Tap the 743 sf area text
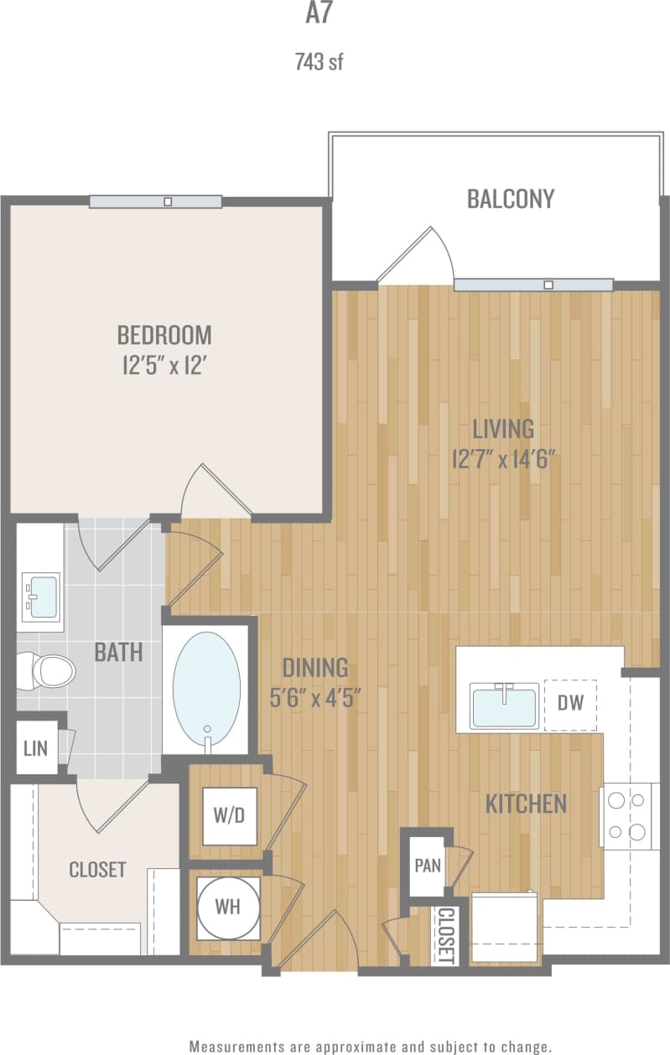click(319, 62)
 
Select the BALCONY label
click(511, 199)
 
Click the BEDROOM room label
click(164, 335)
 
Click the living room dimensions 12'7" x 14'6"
click(503, 459)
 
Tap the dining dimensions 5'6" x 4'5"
click(315, 697)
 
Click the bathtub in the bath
click(206, 687)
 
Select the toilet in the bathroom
click(52, 670)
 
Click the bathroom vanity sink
click(40, 595)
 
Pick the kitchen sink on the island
click(504, 706)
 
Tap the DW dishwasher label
click(570, 702)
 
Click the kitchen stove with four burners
click(628, 815)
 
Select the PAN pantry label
click(428, 865)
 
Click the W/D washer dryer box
click(229, 815)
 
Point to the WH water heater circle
click(228, 908)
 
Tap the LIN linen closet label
click(35, 747)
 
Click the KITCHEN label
click(526, 804)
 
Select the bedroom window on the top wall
click(156, 201)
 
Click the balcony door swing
click(418, 256)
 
